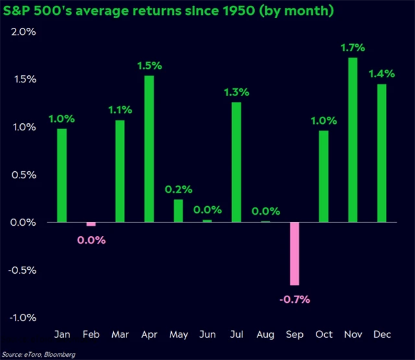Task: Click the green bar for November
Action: pyautogui.click(x=353, y=140)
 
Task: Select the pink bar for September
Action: pyautogui.click(x=294, y=254)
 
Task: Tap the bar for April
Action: pyautogui.click(x=149, y=149)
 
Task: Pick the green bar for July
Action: pyautogui.click(x=237, y=162)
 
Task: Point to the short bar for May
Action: pyautogui.click(x=178, y=211)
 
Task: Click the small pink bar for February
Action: pyautogui.click(x=91, y=224)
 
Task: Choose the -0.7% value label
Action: pyautogui.click(x=295, y=299)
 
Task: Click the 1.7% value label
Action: pyautogui.click(x=353, y=47)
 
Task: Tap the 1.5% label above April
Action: pyautogui.click(x=149, y=65)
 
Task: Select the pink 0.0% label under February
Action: pyautogui.click(x=91, y=240)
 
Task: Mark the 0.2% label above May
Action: pyautogui.click(x=178, y=189)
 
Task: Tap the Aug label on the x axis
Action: pyautogui.click(x=266, y=334)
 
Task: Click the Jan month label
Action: pyautogui.click(x=62, y=334)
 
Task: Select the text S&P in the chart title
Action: pyautogui.click(x=20, y=11)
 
